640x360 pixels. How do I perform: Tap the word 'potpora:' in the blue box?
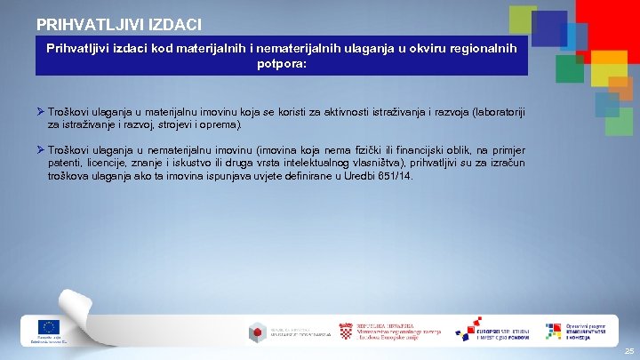[x=282, y=64]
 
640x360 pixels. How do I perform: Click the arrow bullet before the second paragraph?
[x=40, y=151]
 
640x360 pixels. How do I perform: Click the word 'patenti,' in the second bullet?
[x=68, y=164]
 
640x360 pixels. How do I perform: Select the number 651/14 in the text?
[x=395, y=176]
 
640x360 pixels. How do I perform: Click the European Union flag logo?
[x=48, y=326]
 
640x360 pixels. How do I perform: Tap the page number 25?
[x=628, y=352]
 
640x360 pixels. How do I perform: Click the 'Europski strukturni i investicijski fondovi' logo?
[x=491, y=330]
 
